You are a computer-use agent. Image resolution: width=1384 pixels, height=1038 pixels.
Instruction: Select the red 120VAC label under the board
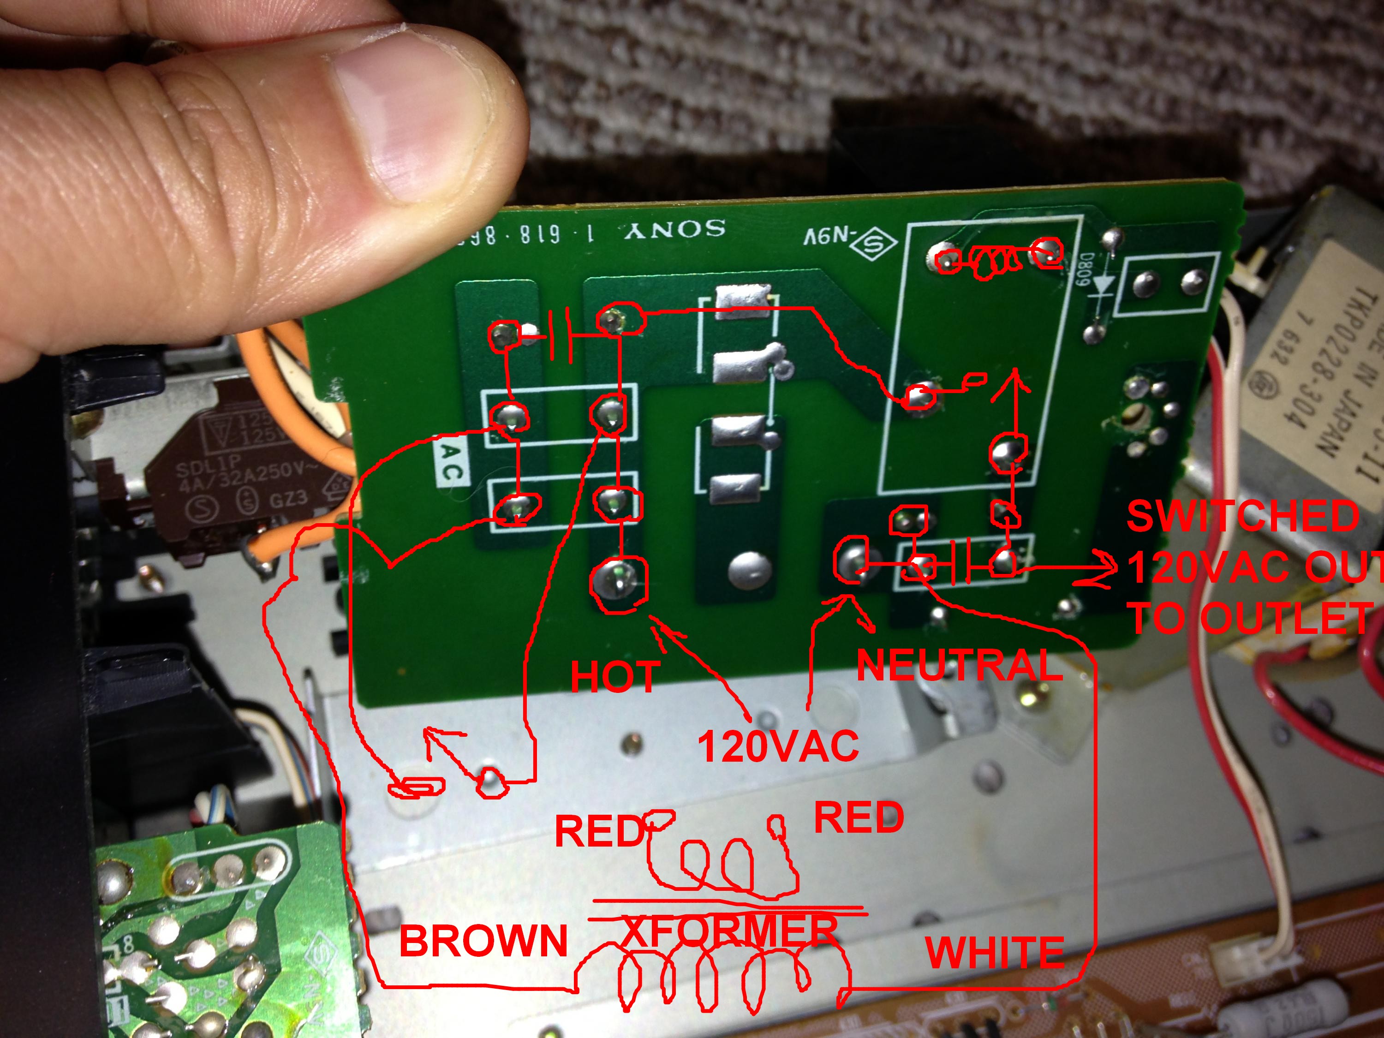click(778, 746)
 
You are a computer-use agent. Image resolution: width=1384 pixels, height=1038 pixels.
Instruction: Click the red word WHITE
click(995, 953)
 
